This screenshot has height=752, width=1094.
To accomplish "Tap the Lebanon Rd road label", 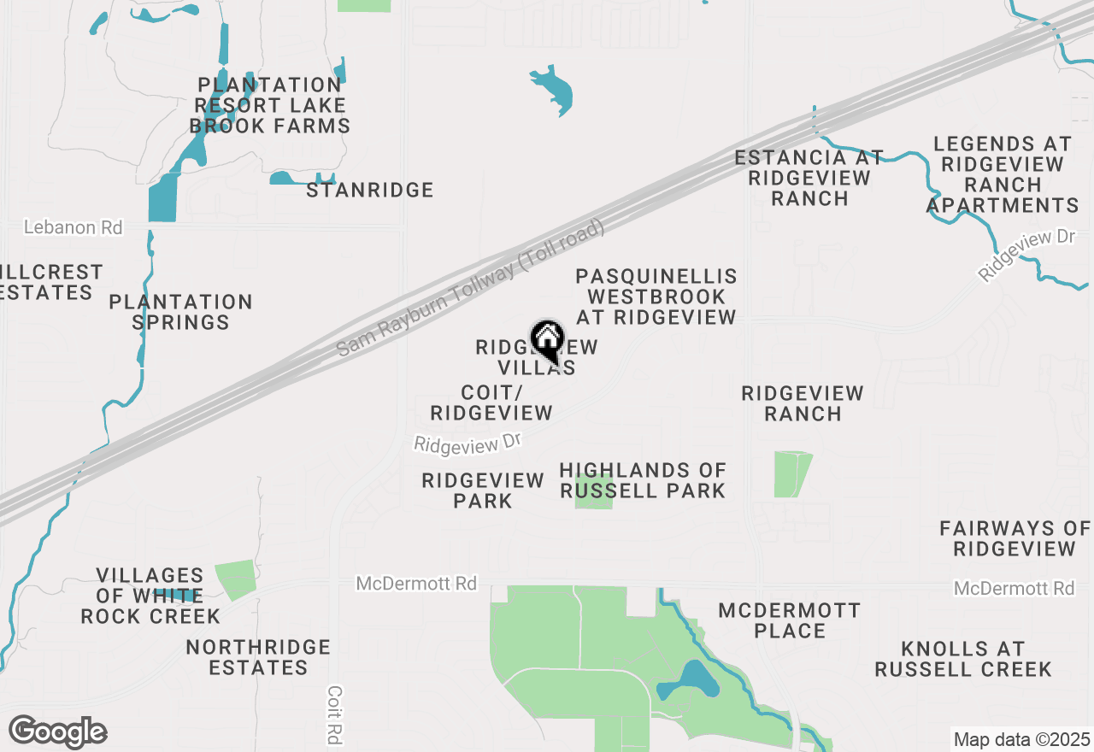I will coord(73,227).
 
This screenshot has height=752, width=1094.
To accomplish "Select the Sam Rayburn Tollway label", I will coord(470,288).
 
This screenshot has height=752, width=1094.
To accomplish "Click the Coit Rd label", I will coord(334,716).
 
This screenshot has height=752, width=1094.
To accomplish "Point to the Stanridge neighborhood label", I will coord(370,190).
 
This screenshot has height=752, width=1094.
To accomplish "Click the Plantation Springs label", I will coord(181,312).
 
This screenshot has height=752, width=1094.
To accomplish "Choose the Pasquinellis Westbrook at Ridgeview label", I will coord(656,297).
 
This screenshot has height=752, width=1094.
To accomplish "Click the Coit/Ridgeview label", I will coord(491,402).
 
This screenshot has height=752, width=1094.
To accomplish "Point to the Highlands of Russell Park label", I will coord(643,480).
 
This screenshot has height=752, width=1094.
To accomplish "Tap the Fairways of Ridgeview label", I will coord(1015,538).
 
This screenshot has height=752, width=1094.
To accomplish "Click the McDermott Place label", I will coord(790,620).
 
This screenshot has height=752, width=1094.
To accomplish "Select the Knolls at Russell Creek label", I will coord(963,658).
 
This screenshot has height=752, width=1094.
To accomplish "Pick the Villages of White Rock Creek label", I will coord(150,596).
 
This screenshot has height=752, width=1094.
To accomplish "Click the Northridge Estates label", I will coord(258,657).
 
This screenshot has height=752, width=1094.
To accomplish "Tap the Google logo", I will coord(57,731).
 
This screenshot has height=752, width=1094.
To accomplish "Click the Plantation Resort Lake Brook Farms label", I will coord(270,105).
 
